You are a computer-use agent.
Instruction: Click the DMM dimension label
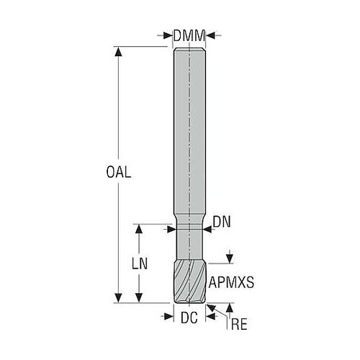(189, 36)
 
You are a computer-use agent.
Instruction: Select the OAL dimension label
(119, 172)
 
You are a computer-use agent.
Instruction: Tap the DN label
(222, 222)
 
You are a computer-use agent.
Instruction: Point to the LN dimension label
(140, 264)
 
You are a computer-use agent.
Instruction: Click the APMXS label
(231, 282)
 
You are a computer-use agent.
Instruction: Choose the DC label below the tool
(189, 318)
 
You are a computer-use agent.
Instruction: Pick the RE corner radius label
(239, 325)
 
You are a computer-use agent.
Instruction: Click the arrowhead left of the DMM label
(168, 36)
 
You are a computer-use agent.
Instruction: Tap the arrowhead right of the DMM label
(211, 36)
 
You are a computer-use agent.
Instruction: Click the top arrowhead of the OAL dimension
(118, 51)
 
